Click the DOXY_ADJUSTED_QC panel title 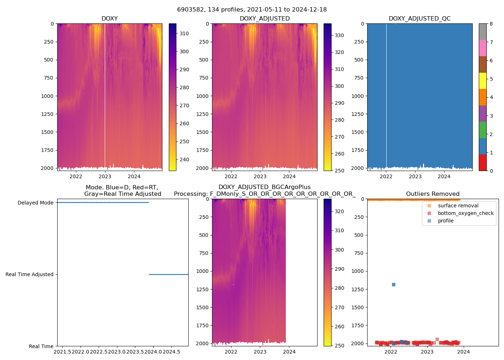point(419,18)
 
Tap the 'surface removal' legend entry point(458,206)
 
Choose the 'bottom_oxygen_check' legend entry point(465,213)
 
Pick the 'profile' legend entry point(445,221)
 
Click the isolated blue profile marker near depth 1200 point(393,284)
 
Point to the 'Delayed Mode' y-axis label point(35,203)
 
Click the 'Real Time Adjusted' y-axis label point(29,274)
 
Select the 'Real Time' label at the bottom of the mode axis point(41,346)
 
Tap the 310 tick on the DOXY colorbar point(184,33)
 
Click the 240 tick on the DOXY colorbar point(184,159)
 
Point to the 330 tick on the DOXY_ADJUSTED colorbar point(339,35)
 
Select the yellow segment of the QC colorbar point(482,81)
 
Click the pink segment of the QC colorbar point(482,48)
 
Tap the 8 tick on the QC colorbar point(491,24)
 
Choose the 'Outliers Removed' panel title point(432,194)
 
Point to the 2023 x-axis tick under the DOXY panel point(105,176)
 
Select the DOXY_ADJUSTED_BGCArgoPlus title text point(264,187)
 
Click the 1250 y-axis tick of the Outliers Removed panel point(359,289)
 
